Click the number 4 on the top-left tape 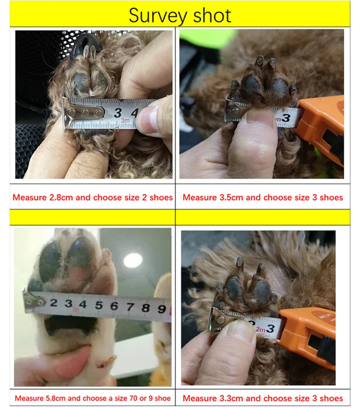(134, 113)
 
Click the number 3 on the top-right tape (286, 117)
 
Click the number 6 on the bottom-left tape (114, 305)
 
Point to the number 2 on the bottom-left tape (54, 303)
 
